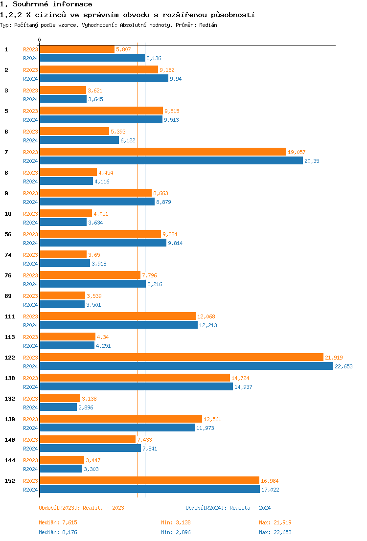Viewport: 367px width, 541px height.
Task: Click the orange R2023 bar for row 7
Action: click(x=163, y=152)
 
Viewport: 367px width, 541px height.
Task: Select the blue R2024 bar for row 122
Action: click(x=186, y=366)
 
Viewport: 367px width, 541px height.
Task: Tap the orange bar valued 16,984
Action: click(x=149, y=480)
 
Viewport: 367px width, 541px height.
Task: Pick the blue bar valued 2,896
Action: click(x=58, y=407)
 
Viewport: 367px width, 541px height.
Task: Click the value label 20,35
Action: click(x=312, y=161)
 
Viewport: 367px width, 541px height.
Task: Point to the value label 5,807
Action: click(x=123, y=49)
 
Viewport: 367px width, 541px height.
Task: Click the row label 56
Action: click(x=8, y=234)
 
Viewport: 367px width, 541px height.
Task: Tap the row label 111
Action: click(x=9, y=316)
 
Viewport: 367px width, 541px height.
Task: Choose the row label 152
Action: click(x=9, y=481)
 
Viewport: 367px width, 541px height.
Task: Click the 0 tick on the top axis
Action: click(x=40, y=40)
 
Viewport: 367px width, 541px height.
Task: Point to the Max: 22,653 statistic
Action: click(x=275, y=532)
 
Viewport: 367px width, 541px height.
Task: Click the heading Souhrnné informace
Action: click(x=46, y=4)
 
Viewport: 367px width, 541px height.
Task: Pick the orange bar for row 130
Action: click(x=135, y=378)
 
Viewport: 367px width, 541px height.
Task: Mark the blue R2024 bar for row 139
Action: click(x=117, y=428)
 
